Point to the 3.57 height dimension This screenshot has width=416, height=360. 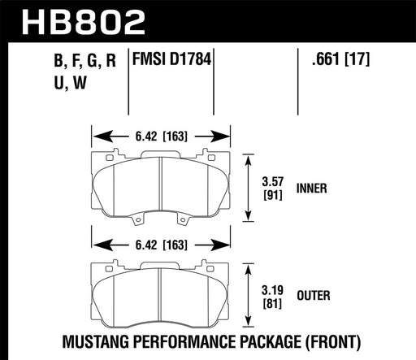tap(272, 182)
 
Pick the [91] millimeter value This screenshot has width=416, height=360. tap(272, 195)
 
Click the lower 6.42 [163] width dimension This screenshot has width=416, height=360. tap(160, 242)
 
